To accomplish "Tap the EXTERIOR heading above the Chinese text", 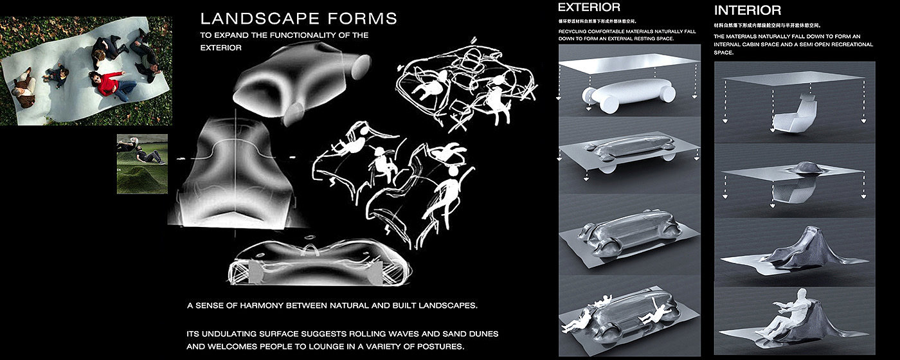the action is click(589, 8).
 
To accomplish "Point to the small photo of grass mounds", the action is click(142, 164).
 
